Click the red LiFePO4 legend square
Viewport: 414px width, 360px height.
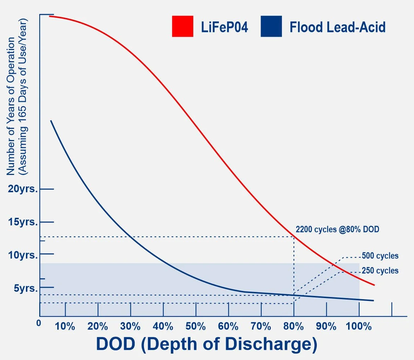pos(183,26)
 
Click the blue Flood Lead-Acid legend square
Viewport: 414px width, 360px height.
pos(271,26)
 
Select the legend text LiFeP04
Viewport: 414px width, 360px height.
pos(224,27)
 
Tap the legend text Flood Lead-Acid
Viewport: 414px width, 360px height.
pos(337,27)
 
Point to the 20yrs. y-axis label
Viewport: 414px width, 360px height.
pos(23,189)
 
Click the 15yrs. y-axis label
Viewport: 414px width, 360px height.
pos(23,222)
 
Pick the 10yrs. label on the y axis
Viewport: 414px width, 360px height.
pos(23,255)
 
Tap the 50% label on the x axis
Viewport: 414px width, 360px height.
pos(195,327)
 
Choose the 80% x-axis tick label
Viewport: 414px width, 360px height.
pos(293,327)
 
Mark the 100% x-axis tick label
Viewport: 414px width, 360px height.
pos(359,327)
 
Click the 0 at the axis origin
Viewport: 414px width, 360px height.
pos(39,323)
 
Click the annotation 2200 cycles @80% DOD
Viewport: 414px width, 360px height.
pos(337,229)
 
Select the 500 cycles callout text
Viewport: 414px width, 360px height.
pos(380,256)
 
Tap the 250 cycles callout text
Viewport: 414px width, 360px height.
pos(380,271)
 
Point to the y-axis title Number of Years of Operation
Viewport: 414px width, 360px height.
pos(11,106)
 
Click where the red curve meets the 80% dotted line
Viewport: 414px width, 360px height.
pos(294,237)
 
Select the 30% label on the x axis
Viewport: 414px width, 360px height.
pos(130,327)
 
